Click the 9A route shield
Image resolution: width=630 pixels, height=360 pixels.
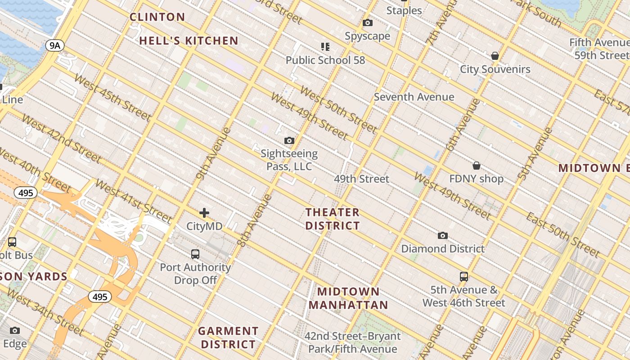[55, 45]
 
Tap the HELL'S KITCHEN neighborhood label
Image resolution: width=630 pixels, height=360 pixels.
[189, 40]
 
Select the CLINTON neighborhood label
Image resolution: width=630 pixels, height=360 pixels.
[157, 17]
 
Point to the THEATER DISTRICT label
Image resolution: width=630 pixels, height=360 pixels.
[333, 219]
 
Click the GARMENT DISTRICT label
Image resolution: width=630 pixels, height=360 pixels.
[228, 337]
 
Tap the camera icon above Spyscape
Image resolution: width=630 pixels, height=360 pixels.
[368, 22]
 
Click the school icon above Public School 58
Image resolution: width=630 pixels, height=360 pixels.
[325, 46]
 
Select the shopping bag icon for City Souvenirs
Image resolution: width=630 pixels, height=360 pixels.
[495, 56]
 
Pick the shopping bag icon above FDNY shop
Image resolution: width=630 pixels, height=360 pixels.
[476, 166]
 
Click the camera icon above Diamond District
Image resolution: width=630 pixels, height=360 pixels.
[443, 235]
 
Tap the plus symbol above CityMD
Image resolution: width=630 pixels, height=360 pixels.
[204, 212]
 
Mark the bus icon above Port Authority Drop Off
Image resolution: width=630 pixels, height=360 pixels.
[195, 254]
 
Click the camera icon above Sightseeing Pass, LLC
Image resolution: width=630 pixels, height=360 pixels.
[289, 140]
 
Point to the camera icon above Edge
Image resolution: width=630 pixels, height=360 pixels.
[15, 331]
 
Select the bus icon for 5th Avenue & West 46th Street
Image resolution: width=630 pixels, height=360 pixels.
[464, 276]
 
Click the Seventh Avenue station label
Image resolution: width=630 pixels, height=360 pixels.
[414, 97]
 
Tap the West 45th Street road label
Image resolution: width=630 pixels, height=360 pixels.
[112, 98]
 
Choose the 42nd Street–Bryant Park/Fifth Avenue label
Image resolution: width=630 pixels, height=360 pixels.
[352, 342]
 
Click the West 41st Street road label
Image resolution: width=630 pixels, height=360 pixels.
[134, 202]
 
